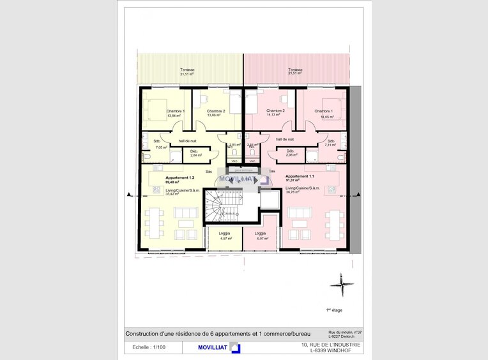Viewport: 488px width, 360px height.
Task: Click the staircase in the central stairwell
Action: click(224, 207)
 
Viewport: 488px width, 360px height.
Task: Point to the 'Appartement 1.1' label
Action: click(300, 176)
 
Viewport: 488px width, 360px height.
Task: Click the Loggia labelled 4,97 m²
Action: click(225, 236)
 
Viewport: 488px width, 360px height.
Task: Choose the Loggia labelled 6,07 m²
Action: click(261, 236)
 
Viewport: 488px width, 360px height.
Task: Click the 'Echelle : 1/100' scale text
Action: click(148, 347)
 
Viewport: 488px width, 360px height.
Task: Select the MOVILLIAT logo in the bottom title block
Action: click(211, 347)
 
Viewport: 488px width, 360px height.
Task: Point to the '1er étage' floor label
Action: click(334, 310)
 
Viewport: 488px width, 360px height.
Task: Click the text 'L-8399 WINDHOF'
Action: click(331, 350)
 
